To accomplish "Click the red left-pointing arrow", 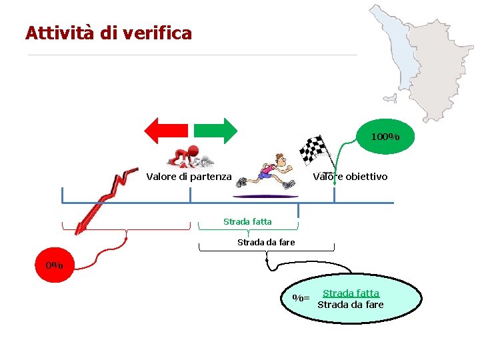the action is coord(167,131).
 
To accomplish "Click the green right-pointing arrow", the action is coord(215,131).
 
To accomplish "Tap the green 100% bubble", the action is coord(385,137).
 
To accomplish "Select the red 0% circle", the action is coord(55,265).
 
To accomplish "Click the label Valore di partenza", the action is coord(189,177).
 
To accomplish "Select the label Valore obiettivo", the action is coord(350,177).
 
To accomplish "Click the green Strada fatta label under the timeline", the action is coord(247,221).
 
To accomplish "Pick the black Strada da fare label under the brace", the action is coord(266,242).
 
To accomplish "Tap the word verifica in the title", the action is coord(159,33).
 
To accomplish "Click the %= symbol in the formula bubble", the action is coord(301,298).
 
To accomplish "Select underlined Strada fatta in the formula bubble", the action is coord(351,293).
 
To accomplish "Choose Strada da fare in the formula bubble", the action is coord(351,305).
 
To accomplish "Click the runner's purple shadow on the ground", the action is coord(266,195).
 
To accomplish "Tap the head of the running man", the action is coord(281,160).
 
